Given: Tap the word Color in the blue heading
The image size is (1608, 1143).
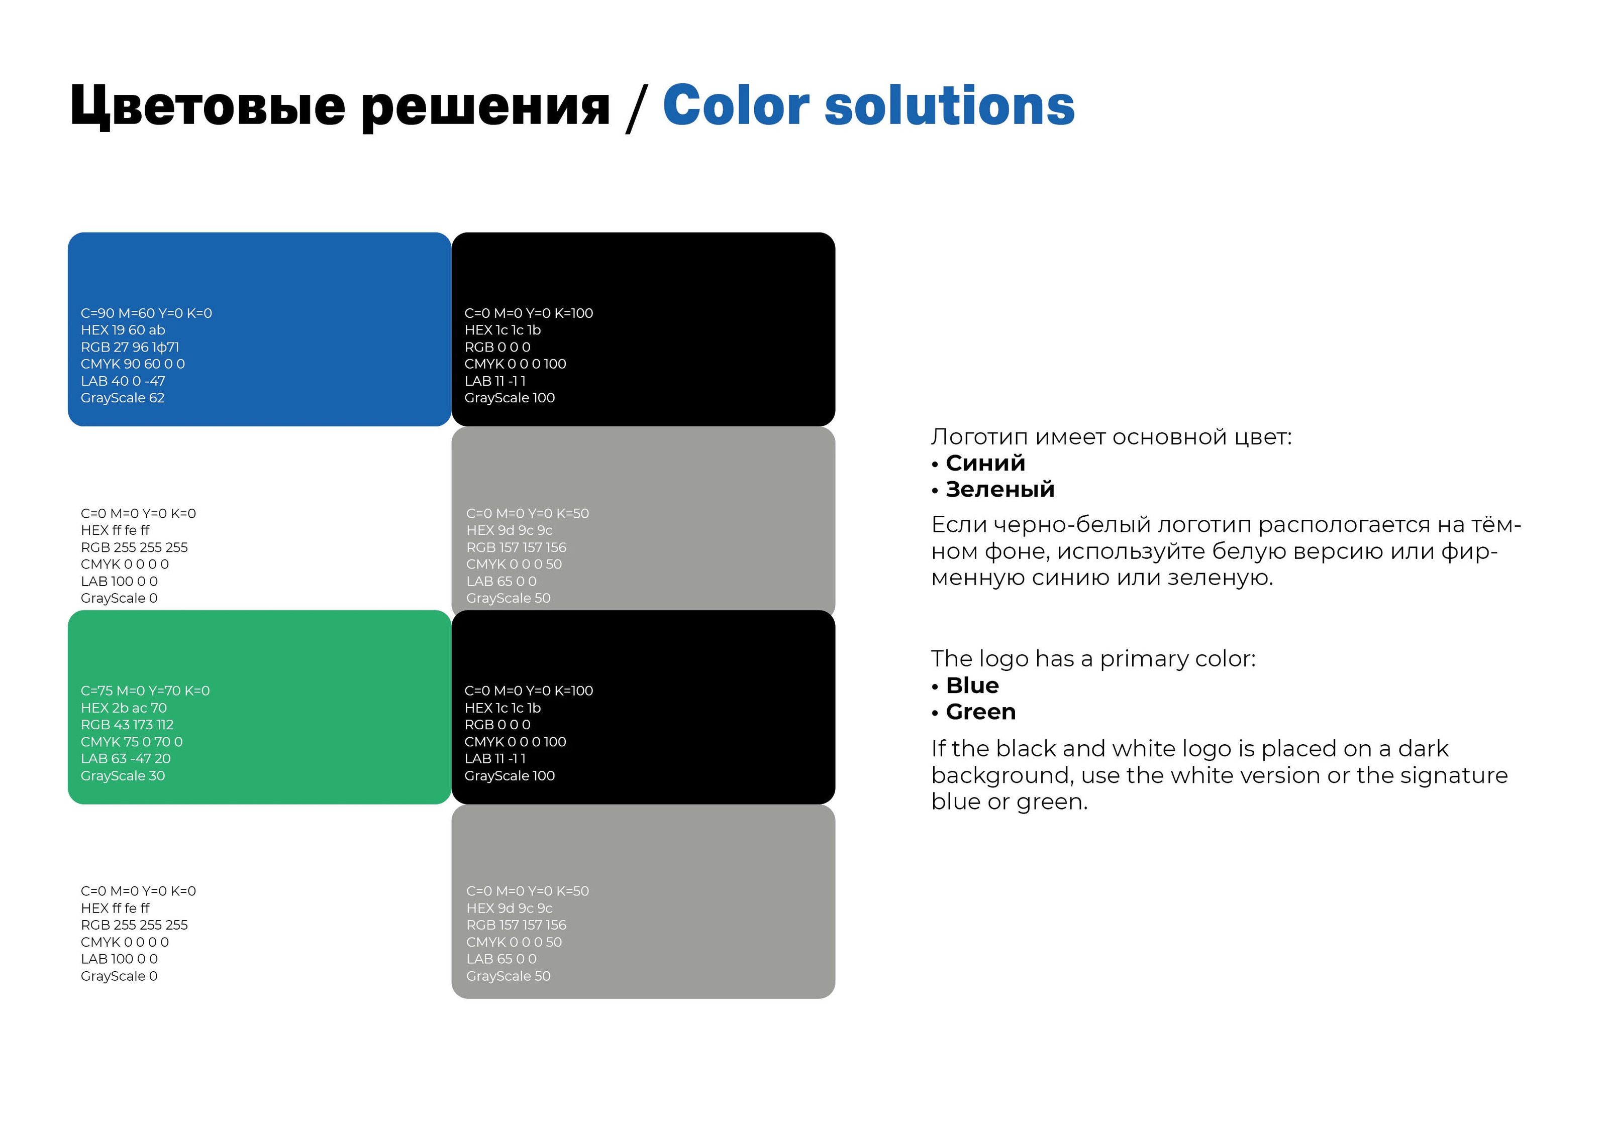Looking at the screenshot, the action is (736, 105).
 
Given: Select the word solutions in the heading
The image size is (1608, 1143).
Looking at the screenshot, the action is (949, 105).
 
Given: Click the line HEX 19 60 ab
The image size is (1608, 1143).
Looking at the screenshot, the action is (123, 330).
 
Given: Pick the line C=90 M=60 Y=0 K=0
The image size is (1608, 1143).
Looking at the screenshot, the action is (146, 313).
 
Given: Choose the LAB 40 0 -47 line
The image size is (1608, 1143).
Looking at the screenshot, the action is (123, 381).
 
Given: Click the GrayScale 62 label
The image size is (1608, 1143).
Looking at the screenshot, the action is (123, 398).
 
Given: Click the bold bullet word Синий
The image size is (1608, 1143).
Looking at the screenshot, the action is (985, 463).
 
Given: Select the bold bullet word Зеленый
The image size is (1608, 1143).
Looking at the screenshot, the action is (1000, 489).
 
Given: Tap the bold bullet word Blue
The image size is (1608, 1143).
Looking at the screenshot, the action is (972, 685).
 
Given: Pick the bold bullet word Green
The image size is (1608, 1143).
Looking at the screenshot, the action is (981, 712).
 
